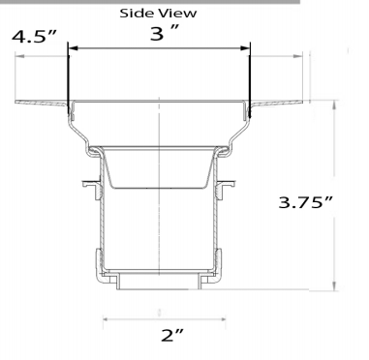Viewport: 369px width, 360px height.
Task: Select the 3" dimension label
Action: [160, 34]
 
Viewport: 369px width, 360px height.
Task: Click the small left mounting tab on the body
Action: [88, 181]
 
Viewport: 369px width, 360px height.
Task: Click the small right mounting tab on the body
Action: [230, 181]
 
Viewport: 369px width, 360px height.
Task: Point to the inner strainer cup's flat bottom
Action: [159, 190]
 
